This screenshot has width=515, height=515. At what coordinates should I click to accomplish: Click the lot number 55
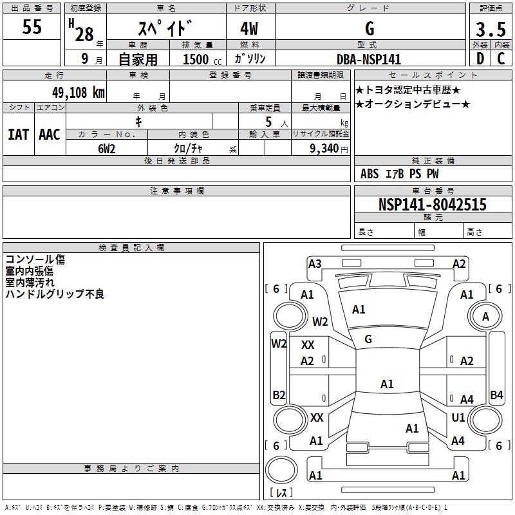pos(33,28)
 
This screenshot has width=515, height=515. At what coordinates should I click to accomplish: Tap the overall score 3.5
pos(490,30)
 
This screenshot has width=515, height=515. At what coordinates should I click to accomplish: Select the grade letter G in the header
pos(370,29)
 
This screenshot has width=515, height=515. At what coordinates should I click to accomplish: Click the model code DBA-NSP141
pos(369,59)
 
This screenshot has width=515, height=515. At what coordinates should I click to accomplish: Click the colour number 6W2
pos(107,147)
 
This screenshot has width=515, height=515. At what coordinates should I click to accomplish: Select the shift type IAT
pos(18,135)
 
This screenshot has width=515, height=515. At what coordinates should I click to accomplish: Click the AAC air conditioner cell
pos(50,135)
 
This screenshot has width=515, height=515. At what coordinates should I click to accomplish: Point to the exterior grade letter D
pos(480,59)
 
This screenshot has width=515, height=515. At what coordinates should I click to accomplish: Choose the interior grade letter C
pos(501,59)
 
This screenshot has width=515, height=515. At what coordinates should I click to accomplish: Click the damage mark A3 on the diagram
pos(315,263)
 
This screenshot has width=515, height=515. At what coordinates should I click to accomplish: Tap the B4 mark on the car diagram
pos(496,395)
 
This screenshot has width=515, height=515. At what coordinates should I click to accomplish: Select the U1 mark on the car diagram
pos(458,418)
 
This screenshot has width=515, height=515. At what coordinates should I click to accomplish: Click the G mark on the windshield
pos(368,339)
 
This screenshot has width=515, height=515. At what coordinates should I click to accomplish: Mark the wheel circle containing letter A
pos(485,316)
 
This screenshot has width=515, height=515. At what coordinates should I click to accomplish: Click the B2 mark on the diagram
pos(279,395)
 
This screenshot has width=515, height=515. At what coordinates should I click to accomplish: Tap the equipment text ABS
pos(370,174)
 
